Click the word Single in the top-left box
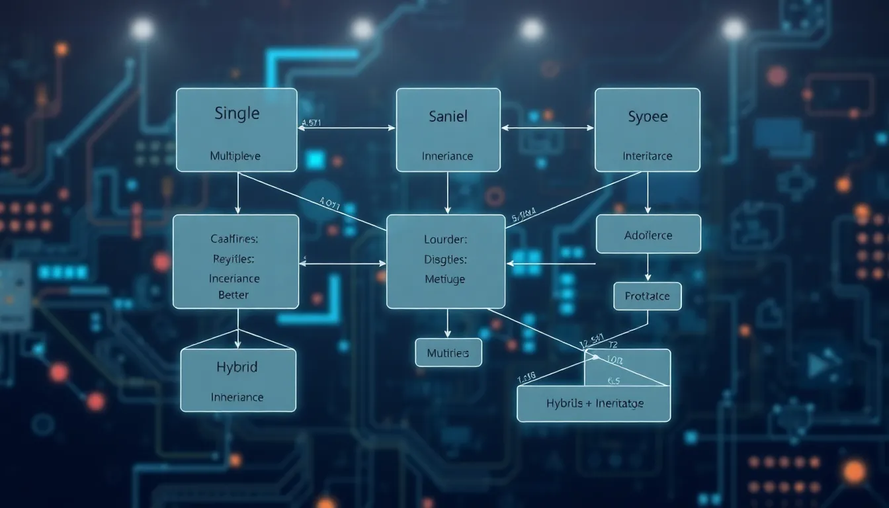click(237, 113)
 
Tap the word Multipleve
click(235, 156)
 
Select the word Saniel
click(448, 116)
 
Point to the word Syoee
click(648, 116)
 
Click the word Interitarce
click(648, 156)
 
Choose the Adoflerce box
click(648, 234)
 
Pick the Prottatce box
click(647, 296)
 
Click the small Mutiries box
click(448, 353)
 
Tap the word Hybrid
click(237, 366)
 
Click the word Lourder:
click(446, 239)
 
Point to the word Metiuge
click(445, 279)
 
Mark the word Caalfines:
click(235, 239)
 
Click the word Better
click(233, 295)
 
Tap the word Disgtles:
click(446, 259)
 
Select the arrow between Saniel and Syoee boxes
click(548, 128)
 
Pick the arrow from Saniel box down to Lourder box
click(448, 192)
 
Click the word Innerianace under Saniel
click(448, 156)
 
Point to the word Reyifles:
click(234, 259)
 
